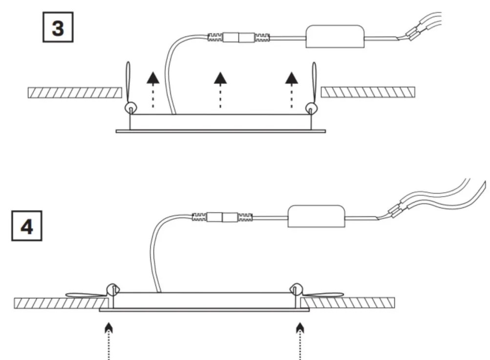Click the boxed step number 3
click(x=58, y=27)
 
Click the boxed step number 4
click(x=26, y=226)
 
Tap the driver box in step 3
click(x=335, y=37)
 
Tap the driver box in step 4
click(x=316, y=216)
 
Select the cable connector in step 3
click(x=238, y=38)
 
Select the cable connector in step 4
click(x=222, y=217)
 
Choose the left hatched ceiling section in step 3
click(x=75, y=92)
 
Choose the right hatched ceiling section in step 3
click(x=368, y=92)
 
